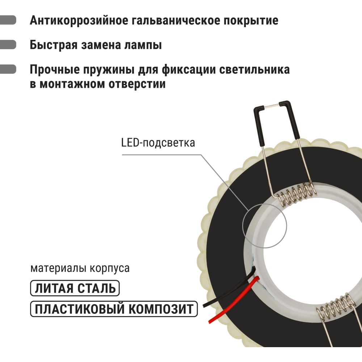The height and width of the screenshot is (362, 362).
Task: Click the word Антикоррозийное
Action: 79,20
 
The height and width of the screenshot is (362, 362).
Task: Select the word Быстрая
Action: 54,45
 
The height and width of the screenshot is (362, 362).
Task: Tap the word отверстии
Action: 137,84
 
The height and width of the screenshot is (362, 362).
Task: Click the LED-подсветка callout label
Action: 158,143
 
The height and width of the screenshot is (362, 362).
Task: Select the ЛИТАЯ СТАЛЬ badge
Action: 75,288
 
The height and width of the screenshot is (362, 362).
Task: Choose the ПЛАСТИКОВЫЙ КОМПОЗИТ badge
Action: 114,309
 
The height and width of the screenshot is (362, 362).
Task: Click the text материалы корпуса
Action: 80,268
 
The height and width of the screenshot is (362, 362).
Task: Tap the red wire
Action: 233,300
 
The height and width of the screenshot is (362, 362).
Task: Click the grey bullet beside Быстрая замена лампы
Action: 8,45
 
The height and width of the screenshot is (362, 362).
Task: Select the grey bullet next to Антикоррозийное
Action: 8,20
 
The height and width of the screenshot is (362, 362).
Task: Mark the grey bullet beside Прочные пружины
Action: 8,69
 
